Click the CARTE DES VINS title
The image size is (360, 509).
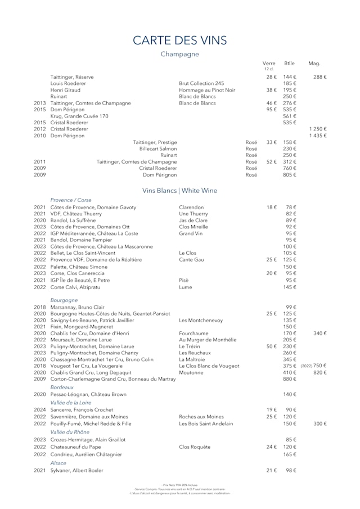179,40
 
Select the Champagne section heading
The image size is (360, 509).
179,54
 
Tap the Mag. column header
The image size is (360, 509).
314,64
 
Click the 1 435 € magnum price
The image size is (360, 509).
317,136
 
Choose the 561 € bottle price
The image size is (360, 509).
289,116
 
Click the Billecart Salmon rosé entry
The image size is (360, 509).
158,148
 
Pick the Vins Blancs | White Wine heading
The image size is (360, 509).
179,191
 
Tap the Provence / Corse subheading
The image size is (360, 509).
71,200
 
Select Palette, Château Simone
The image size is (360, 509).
79,267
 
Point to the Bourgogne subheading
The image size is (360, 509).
64,300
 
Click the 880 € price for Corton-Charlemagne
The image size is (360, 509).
289,379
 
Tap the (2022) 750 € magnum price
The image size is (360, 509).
313,366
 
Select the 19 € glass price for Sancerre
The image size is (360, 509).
271,410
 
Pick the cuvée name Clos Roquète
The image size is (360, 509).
195,447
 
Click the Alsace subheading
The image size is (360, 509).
58,463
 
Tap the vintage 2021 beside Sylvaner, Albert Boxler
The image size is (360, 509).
39,470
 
